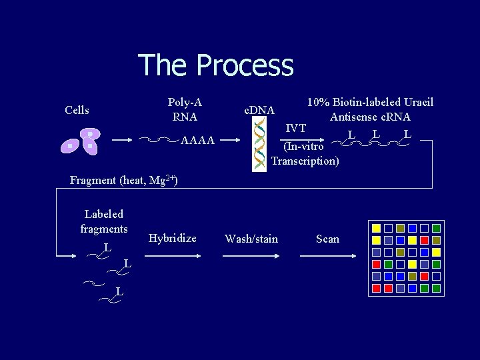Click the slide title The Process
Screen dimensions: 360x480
[x=215, y=65]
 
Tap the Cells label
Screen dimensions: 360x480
[x=77, y=110]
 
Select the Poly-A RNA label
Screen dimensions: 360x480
[x=185, y=109]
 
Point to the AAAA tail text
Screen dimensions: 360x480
[x=198, y=141]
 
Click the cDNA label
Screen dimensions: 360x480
[x=259, y=109]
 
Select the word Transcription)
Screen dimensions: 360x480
[x=305, y=161]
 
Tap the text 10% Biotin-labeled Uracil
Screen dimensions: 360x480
[x=369, y=102]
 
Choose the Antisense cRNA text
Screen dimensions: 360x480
[x=369, y=117]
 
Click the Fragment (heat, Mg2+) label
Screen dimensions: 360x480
[x=123, y=180]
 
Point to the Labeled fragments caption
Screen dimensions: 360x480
[x=104, y=221]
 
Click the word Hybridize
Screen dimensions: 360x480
[x=172, y=238]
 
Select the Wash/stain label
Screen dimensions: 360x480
[x=251, y=239]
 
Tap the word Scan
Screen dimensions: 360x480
[x=327, y=239]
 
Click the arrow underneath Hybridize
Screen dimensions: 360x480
[x=172, y=255]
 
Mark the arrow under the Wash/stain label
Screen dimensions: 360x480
[x=251, y=255]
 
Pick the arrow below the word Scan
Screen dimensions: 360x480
[x=327, y=255]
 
